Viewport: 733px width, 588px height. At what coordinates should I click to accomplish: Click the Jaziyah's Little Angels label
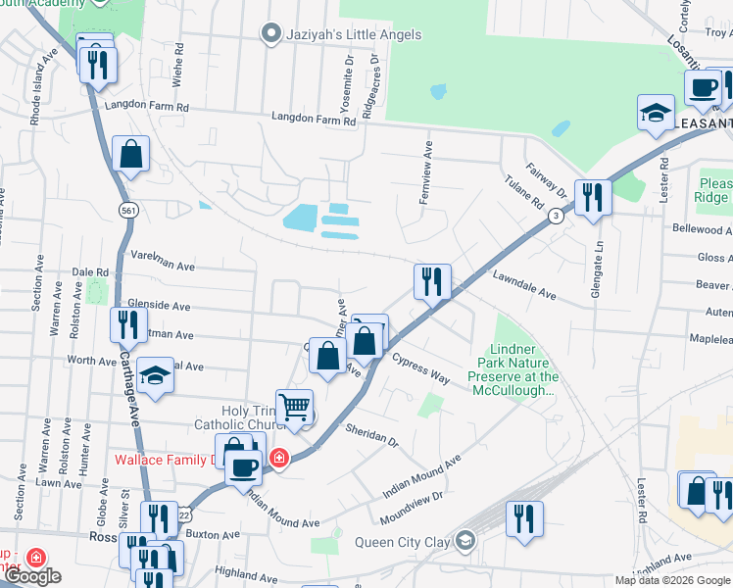[x=352, y=34]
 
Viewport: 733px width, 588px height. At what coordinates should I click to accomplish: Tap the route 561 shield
[x=127, y=210]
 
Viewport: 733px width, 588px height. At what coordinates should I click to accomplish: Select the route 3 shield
[x=555, y=216]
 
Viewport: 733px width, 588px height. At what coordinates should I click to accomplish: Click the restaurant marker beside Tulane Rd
[x=593, y=197]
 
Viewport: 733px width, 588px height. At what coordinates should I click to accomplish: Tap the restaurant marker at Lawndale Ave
[x=431, y=282]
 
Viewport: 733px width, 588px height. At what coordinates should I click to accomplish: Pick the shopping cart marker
[x=294, y=406]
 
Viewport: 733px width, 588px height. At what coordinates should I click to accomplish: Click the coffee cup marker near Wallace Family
[x=244, y=466]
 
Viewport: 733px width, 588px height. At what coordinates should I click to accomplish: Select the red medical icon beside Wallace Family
[x=279, y=458]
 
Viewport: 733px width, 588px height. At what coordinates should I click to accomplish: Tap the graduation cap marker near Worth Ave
[x=155, y=375]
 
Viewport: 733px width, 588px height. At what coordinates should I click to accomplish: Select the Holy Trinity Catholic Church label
[x=236, y=417]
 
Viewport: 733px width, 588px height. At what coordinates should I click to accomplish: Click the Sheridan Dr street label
[x=371, y=435]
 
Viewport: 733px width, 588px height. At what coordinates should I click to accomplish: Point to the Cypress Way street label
[x=420, y=368]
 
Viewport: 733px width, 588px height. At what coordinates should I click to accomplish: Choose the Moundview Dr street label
[x=410, y=501]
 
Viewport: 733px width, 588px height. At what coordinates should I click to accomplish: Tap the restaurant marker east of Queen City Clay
[x=524, y=518]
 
